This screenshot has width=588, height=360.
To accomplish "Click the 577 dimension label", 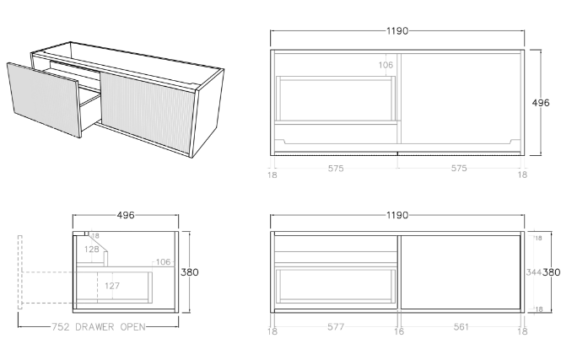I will pos(336,331).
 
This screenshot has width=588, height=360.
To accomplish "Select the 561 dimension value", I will pos(460,331).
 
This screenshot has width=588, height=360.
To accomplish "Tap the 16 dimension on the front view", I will pos(399,331).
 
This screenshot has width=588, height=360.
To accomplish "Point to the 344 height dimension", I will pos(532,272).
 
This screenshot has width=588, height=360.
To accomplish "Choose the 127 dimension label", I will pos(112,286).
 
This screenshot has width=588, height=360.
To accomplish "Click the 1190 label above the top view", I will pos(396,31).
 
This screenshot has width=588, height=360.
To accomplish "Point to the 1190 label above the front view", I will pos(396,215).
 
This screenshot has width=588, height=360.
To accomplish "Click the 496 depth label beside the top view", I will pos(541,103).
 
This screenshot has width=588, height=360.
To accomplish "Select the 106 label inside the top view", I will pos(386,65).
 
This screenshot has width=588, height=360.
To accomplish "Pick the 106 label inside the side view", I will pos(162,262).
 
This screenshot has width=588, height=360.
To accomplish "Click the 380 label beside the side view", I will pos(189,272).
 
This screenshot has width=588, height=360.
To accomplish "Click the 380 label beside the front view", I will pos(551,272).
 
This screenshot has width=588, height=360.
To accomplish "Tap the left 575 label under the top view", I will pos(336,169).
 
